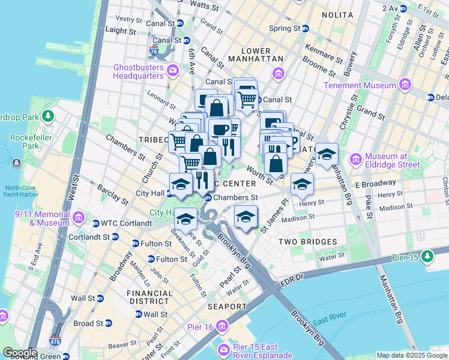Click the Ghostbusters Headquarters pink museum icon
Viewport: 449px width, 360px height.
pyautogui.click(x=173, y=71)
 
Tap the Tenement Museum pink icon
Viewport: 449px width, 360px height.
pyautogui.click(x=405, y=85)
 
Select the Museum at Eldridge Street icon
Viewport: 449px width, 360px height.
pyautogui.click(x=355, y=160)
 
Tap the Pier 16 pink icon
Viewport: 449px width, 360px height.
pyautogui.click(x=222, y=326)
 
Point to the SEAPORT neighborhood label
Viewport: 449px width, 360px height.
pyautogui.click(x=228, y=307)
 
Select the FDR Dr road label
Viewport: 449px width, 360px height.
pyautogui.click(x=294, y=277)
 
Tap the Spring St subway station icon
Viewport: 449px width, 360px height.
pyautogui.click(x=305, y=28)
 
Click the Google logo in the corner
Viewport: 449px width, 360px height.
pyautogui.click(x=20, y=353)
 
